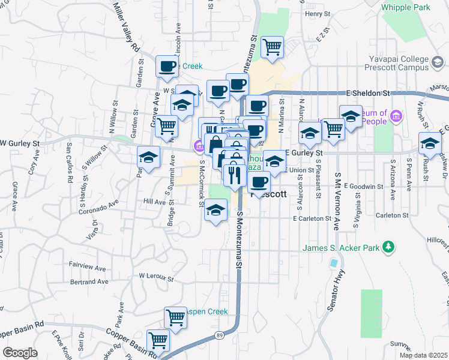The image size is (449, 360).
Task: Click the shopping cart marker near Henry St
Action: [273, 46]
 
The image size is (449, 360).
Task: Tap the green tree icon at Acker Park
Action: [389, 247]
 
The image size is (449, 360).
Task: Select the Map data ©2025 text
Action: [423, 355]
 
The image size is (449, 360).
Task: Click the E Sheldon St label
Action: [369, 93]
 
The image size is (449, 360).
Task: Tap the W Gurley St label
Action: [19, 143]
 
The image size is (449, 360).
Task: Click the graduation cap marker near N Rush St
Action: [430, 143]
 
